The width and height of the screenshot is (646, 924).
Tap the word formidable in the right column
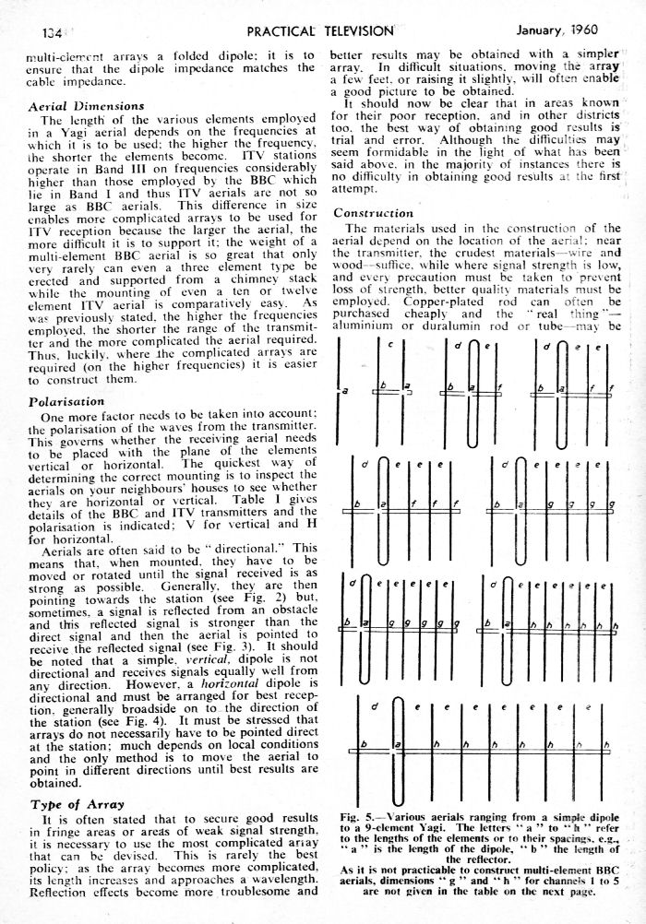click(x=377, y=151)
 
